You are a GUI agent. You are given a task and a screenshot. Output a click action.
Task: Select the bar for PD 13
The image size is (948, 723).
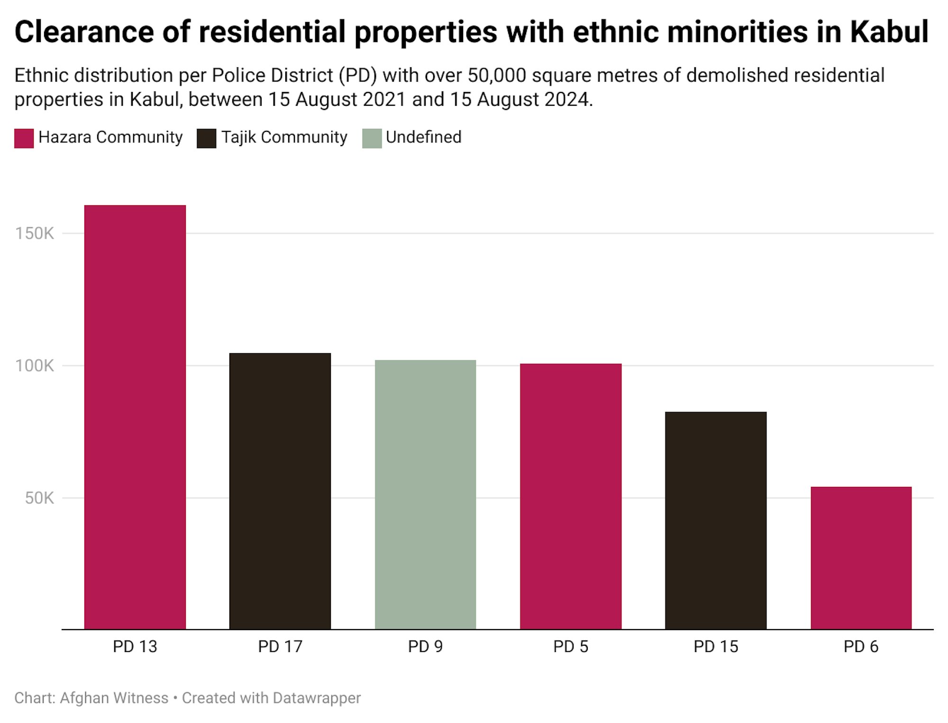coord(135,417)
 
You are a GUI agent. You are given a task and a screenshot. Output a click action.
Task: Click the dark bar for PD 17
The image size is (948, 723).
coord(280,491)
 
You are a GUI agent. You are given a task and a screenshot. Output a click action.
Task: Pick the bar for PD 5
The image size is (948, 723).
coord(571,496)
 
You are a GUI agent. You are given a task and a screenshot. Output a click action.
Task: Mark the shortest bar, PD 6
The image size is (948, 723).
coord(861,558)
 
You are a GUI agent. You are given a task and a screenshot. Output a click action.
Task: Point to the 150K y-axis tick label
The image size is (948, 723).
coord(35,233)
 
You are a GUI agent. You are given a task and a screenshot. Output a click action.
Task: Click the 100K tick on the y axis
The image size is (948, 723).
coord(35,366)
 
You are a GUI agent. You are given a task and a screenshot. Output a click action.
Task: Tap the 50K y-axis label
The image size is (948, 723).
coord(39,498)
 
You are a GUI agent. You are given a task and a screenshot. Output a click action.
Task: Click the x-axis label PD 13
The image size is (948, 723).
coord(135,647)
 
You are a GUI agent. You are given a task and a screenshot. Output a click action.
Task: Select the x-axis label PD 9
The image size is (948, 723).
coord(425,647)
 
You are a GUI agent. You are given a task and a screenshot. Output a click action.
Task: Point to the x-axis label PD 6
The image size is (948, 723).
coord(861,647)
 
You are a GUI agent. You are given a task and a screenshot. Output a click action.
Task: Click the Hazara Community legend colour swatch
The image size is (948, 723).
coord(24,138)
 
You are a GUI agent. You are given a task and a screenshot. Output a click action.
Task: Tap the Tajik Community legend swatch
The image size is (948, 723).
coord(207,138)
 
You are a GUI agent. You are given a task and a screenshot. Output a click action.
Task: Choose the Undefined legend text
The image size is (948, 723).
coord(423,137)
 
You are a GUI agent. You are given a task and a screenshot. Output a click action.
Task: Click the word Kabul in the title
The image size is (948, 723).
coord(889,32)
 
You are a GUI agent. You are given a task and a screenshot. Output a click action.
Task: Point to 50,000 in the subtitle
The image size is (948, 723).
coord(497,75)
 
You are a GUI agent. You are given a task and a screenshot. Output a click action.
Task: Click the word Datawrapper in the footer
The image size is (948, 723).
coord(317,698)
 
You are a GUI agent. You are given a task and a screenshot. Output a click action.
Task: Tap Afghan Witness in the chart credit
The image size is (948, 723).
coord(114,698)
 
